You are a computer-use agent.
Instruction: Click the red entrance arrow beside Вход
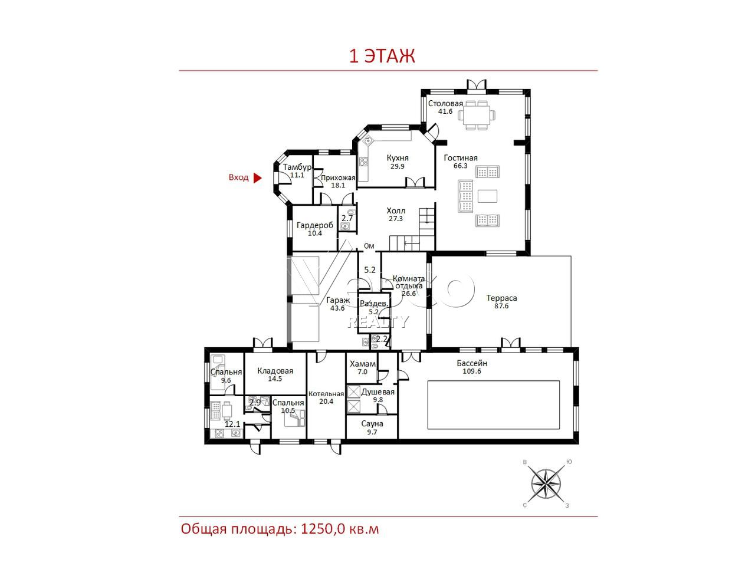(257, 177)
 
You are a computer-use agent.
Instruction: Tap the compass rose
(546, 485)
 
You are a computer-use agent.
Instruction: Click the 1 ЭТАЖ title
(382, 56)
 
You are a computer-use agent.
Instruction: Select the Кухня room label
(398, 158)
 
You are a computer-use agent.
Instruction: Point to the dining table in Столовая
(477, 115)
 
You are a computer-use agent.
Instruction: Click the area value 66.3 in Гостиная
(461, 166)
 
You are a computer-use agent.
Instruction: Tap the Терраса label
(501, 298)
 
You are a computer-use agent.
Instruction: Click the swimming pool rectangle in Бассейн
(493, 404)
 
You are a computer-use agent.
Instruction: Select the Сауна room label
(372, 424)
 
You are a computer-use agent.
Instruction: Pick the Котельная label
(326, 394)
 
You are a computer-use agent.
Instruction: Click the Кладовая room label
(275, 371)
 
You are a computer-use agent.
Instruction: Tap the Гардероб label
(315, 225)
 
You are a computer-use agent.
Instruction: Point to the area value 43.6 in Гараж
(337, 308)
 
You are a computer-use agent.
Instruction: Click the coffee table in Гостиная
(487, 196)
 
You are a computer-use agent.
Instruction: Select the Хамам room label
(363, 364)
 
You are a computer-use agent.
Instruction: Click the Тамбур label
(297, 167)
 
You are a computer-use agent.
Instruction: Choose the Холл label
(396, 210)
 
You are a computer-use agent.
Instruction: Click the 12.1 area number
(232, 424)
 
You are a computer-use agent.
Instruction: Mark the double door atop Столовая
(477, 85)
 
